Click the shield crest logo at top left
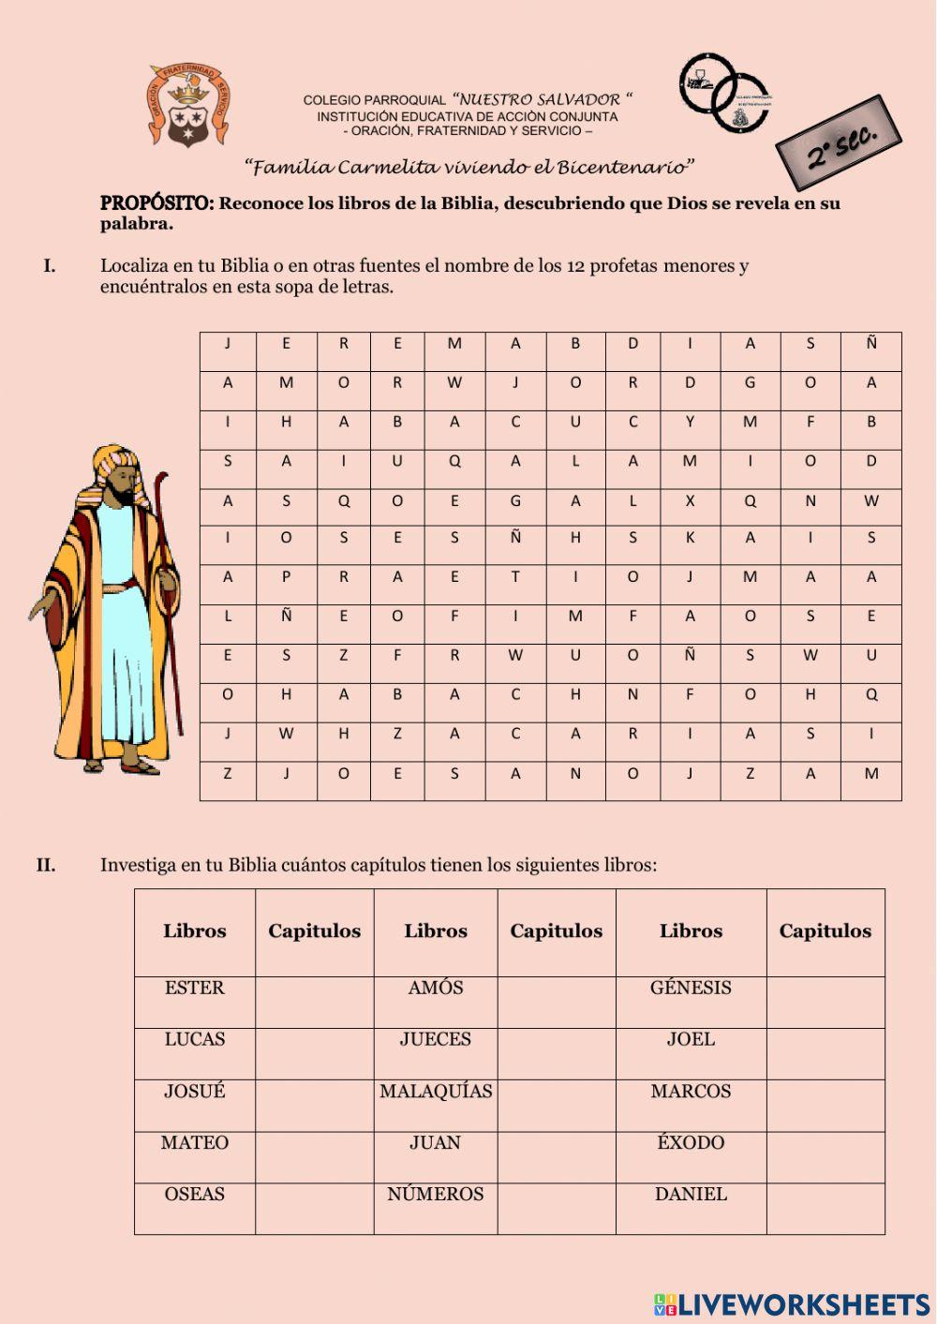click(x=187, y=106)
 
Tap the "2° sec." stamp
click(x=839, y=143)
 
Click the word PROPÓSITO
click(x=156, y=203)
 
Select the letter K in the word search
click(x=690, y=538)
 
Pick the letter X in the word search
click(x=690, y=501)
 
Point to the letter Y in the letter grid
click(x=690, y=422)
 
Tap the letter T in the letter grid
click(x=515, y=577)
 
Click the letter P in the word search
click(x=286, y=577)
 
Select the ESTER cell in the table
click(x=195, y=989)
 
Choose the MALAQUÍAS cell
click(x=436, y=1092)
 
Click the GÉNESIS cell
click(x=691, y=989)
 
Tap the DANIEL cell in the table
click(x=691, y=1195)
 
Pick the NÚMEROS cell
click(x=436, y=1195)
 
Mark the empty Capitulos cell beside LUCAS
click(x=314, y=1053)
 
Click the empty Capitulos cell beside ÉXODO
click(x=825, y=1156)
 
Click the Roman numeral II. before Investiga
click(x=46, y=865)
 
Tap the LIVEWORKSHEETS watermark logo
click(x=791, y=1304)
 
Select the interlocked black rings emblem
click(x=724, y=92)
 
